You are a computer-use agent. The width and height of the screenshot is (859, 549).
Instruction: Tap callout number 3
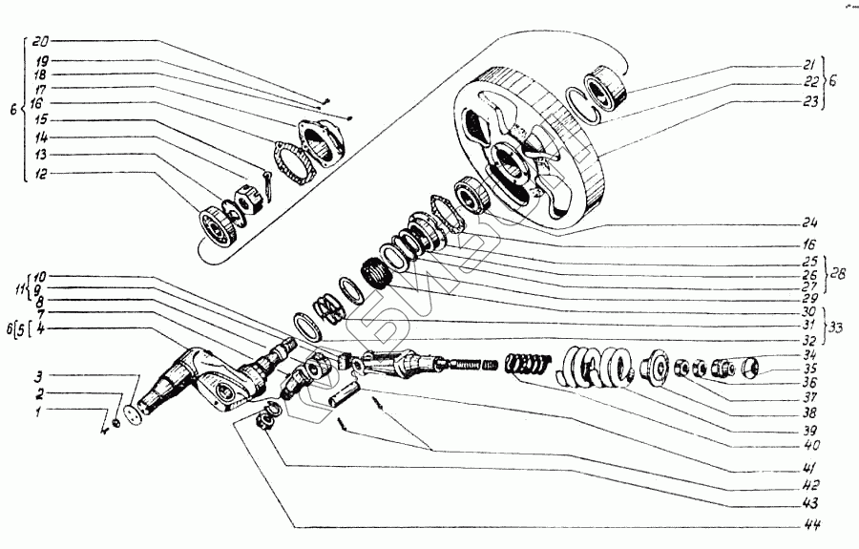40,375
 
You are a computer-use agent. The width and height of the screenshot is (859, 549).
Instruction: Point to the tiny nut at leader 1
115,421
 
